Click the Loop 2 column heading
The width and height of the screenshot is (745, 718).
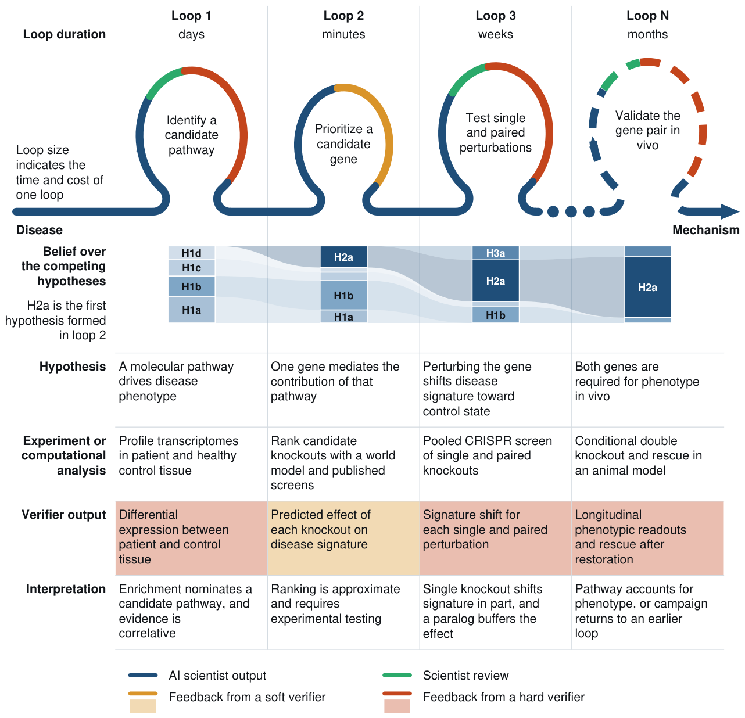343,16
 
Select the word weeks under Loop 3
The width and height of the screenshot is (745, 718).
495,34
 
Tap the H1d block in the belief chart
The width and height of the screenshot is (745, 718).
191,253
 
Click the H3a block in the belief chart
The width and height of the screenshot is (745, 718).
495,253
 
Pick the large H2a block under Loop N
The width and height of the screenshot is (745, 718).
647,287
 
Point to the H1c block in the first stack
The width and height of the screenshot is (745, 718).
191,268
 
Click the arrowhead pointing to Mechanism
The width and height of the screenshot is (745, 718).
729,211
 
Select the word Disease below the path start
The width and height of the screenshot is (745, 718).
39,230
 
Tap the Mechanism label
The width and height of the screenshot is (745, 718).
706,230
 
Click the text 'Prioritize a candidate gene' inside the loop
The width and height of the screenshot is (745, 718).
343,144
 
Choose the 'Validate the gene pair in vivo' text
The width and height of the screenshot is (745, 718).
647,130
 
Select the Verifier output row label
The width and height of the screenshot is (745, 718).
63,515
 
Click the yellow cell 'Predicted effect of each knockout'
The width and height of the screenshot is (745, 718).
343,538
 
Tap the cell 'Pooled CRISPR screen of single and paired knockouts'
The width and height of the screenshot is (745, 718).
495,464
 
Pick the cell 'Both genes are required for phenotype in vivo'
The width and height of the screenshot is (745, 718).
647,389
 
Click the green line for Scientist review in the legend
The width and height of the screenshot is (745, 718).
397,676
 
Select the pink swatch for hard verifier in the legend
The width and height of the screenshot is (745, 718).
397,706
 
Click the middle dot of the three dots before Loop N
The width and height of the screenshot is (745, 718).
571,211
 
